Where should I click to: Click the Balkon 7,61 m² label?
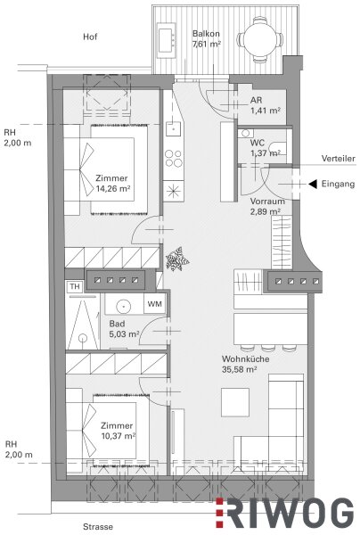(207, 39)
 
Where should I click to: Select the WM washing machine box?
(155, 303)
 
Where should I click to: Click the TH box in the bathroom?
(75, 286)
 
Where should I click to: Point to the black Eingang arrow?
(313, 184)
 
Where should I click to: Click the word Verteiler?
(339, 159)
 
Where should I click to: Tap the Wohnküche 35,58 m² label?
(245, 364)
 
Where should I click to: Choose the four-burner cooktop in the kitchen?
(174, 159)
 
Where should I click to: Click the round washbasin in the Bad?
(123, 306)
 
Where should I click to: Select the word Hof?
(90, 37)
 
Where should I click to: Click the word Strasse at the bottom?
(98, 526)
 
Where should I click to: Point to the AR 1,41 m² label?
(266, 105)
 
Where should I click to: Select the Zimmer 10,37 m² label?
(118, 431)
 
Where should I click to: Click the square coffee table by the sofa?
(235, 402)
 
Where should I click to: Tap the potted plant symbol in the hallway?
(177, 259)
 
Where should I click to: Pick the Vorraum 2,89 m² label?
(267, 207)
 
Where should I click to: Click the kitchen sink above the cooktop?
(173, 128)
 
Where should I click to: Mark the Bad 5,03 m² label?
(124, 328)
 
